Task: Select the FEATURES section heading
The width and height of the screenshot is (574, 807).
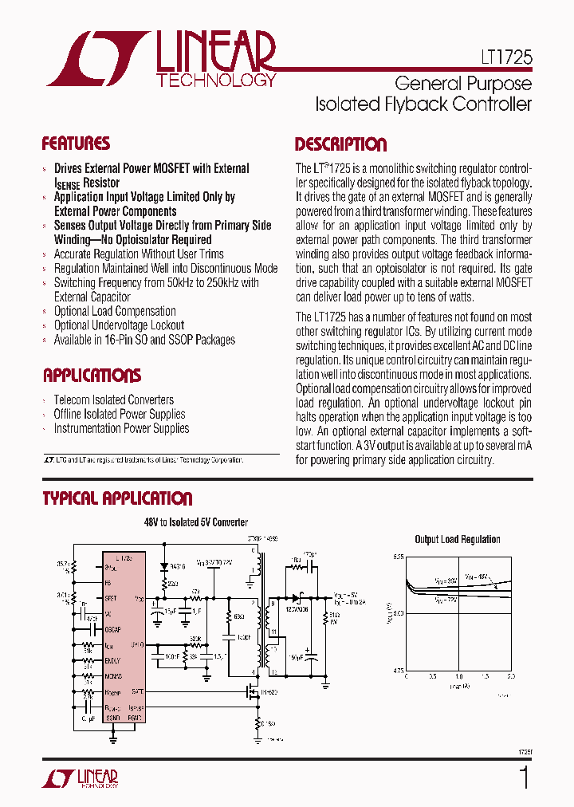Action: [76, 144]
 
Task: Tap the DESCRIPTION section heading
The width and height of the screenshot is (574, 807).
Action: [340, 144]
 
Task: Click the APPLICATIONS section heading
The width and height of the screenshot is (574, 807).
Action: [92, 376]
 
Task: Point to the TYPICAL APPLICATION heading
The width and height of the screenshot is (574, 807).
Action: [117, 498]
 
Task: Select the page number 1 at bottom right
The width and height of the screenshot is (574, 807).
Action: [524, 777]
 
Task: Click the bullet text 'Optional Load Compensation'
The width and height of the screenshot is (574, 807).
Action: [115, 311]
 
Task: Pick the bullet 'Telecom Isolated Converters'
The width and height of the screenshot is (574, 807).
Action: [113, 400]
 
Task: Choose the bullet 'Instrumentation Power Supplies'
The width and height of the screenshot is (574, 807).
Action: [121, 428]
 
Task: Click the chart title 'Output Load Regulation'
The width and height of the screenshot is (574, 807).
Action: [458, 539]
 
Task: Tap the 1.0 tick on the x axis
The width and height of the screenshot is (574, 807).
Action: [458, 676]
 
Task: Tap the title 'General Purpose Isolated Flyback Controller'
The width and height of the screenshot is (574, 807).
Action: [423, 93]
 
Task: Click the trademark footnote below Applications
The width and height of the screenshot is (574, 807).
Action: [143, 460]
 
